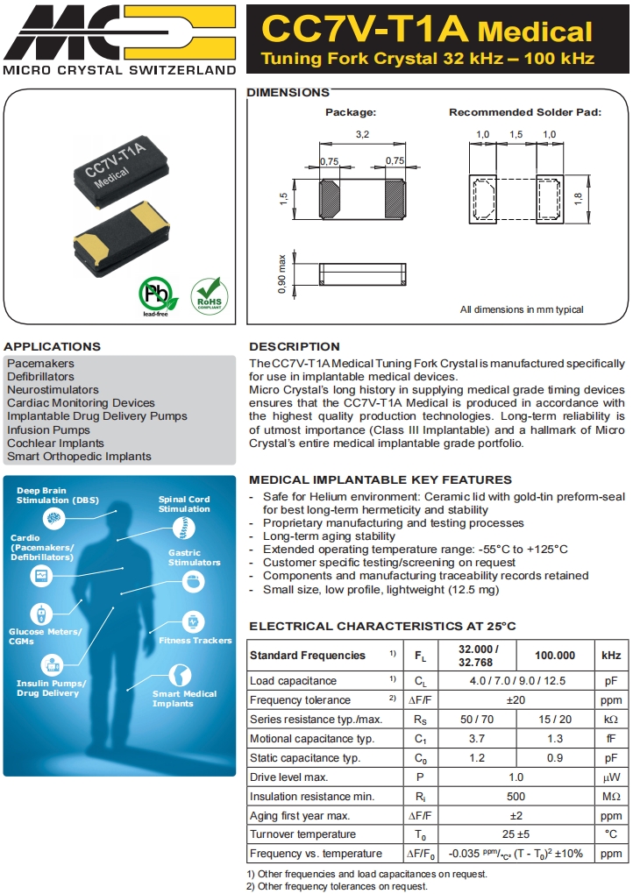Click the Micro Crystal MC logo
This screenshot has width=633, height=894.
tap(119, 32)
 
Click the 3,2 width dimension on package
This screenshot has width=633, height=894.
tap(362, 135)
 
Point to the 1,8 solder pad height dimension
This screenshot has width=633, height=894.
tap(578, 199)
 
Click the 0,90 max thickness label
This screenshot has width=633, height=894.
tap(282, 274)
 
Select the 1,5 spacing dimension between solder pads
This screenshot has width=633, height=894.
tap(516, 134)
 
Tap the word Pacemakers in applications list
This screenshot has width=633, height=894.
tap(41, 364)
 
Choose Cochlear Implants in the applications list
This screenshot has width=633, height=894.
tap(56, 443)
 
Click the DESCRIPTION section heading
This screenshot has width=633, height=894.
tap(294, 346)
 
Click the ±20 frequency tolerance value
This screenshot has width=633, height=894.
tap(516, 700)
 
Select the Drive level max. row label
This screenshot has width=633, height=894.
tap(288, 777)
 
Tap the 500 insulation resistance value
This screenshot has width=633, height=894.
tap(516, 797)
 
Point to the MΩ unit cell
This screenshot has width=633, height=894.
tap(610, 797)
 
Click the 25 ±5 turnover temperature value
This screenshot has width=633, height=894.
tap(516, 835)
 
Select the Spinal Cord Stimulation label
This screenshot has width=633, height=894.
tap(184, 504)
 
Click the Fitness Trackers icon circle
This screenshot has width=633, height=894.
tap(192, 621)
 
